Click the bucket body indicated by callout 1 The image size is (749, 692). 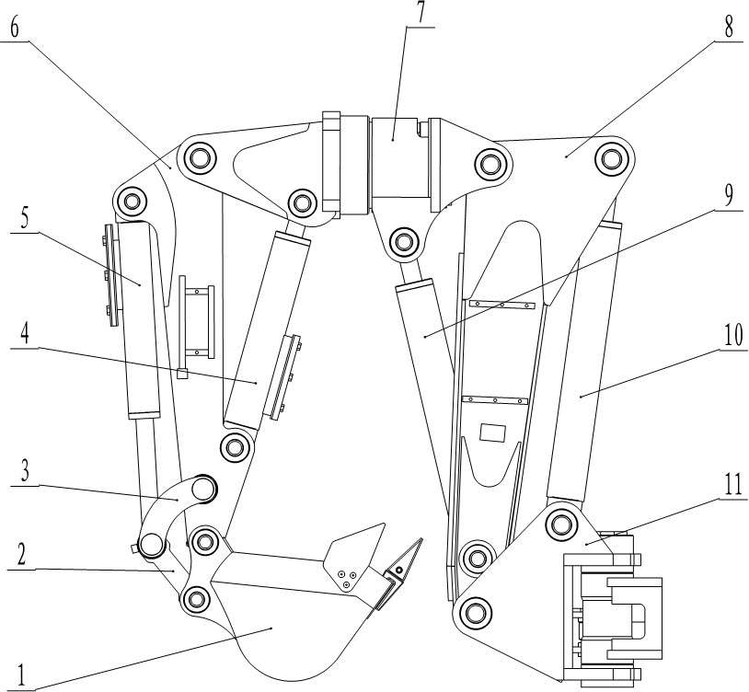pos(276,626)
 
